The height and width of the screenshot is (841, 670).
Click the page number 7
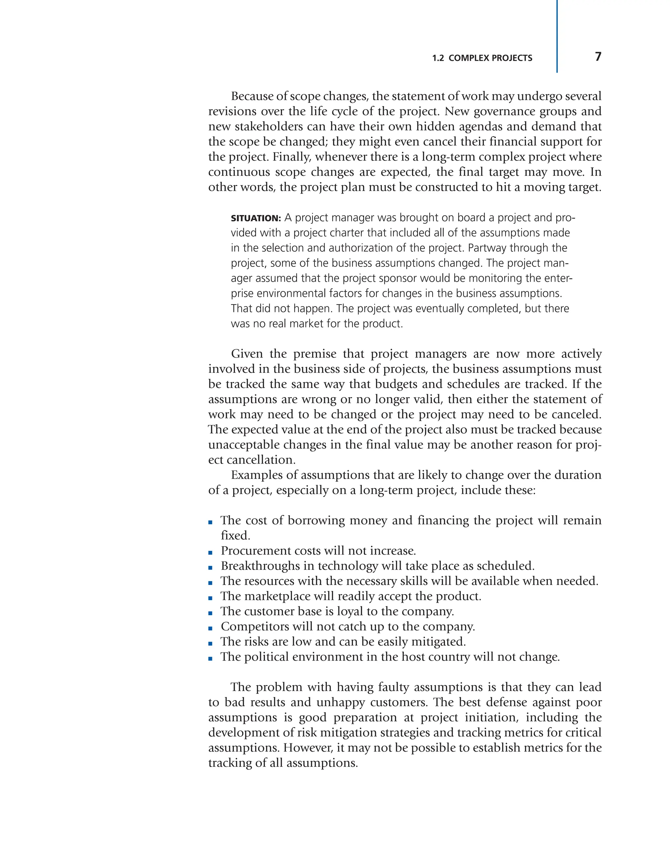(598, 57)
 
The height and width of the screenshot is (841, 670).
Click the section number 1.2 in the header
(438, 58)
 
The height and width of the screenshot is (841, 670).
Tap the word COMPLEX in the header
(468, 58)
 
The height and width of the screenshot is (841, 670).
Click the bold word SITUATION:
(256, 218)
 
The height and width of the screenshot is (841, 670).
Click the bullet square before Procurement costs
(210, 553)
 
